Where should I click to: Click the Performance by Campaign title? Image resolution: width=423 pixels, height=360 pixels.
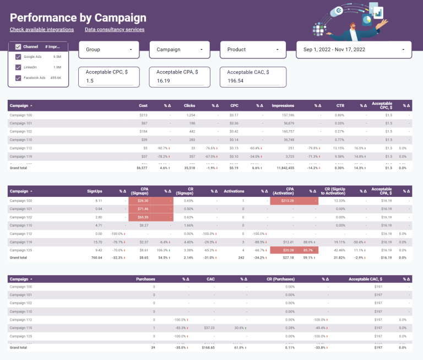click(x=78, y=18)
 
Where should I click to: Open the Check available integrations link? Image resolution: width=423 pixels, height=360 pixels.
click(x=42, y=30)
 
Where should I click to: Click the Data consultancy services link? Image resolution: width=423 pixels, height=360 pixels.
click(x=115, y=30)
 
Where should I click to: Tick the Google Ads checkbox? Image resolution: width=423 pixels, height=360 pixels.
click(x=18, y=57)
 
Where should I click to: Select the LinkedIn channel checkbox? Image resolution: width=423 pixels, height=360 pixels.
click(x=18, y=67)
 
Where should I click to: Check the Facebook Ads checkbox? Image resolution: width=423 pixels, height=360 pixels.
click(x=18, y=78)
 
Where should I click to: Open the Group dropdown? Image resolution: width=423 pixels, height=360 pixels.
click(x=109, y=50)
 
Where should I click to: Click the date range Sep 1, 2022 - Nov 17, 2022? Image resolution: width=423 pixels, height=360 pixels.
click(x=354, y=50)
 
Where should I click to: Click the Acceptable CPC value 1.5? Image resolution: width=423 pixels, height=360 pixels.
click(x=109, y=81)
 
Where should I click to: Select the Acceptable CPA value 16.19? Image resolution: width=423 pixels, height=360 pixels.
click(x=180, y=80)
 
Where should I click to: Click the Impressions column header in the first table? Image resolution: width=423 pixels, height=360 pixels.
click(x=283, y=105)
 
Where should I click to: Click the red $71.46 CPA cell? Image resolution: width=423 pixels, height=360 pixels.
click(x=142, y=209)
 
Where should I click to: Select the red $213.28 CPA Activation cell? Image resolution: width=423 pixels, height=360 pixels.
click(x=286, y=201)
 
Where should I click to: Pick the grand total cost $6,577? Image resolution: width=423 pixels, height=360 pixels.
click(x=142, y=168)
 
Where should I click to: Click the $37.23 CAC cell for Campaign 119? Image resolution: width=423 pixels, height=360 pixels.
click(x=208, y=327)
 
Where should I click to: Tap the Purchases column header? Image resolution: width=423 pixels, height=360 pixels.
click(x=145, y=280)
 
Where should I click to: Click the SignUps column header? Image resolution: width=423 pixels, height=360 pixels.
click(x=94, y=192)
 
